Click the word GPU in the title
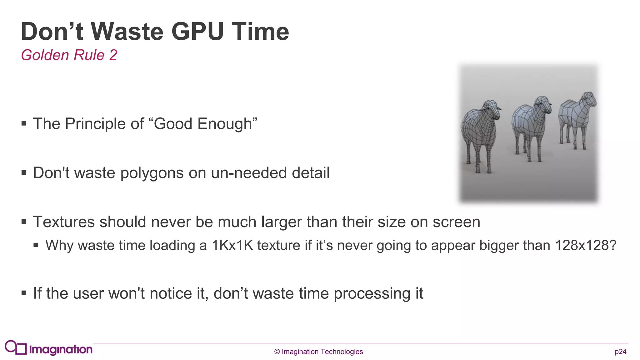click(x=197, y=32)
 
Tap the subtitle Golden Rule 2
click(x=69, y=55)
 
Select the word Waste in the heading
click(x=127, y=32)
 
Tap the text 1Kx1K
click(x=232, y=245)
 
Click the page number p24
click(x=620, y=352)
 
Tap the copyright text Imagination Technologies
click(x=322, y=352)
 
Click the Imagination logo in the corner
click(x=49, y=348)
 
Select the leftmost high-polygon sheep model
click(x=480, y=134)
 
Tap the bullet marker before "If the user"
click(x=24, y=293)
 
